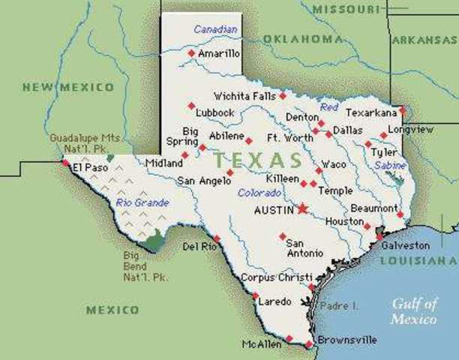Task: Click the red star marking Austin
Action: tap(302, 208)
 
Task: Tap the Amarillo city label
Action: tap(218, 54)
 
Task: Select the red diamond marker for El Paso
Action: tap(66, 162)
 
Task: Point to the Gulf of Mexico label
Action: tap(413, 311)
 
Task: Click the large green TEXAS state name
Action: tap(257, 160)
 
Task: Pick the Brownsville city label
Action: tap(346, 340)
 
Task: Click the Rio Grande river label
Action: tap(142, 202)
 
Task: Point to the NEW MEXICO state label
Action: tap(68, 88)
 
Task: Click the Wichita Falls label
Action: tap(244, 96)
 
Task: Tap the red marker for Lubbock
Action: tap(191, 105)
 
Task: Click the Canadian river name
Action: tap(215, 29)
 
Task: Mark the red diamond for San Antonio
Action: tap(282, 236)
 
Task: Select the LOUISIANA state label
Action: tap(418, 260)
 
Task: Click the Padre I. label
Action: tap(340, 306)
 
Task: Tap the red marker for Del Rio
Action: tap(217, 238)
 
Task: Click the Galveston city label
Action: tap(406, 245)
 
